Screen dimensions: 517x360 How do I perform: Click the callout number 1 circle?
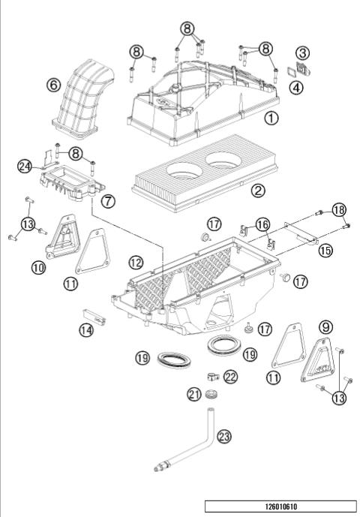[x=271, y=118]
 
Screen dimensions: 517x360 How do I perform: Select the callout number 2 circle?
[x=258, y=190]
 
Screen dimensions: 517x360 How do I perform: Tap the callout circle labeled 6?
[x=53, y=85]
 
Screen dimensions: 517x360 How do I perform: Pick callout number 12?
[x=136, y=263]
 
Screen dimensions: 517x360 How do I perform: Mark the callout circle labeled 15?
[x=323, y=249]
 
